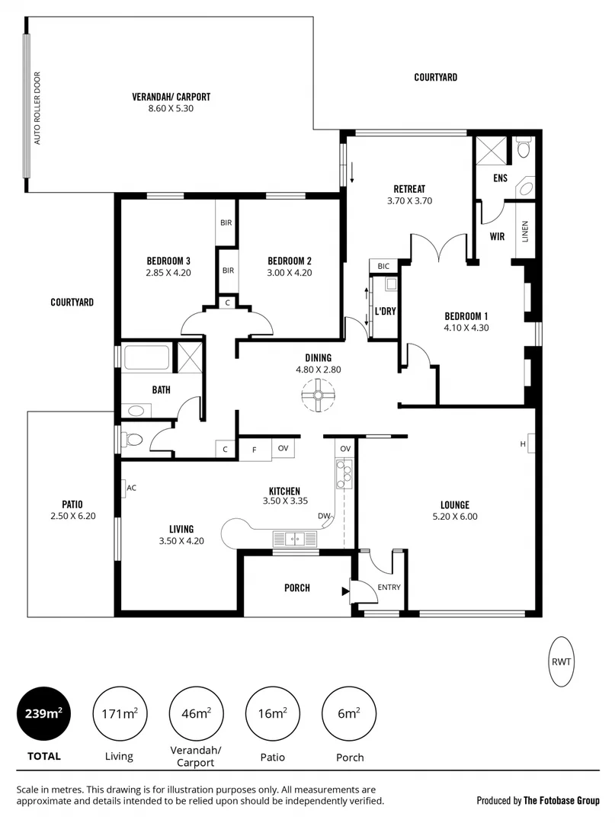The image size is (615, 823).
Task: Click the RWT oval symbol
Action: point(561,661)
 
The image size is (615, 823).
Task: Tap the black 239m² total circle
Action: point(43,713)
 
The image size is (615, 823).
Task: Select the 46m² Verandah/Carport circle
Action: point(195,713)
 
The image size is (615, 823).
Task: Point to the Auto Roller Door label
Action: point(37,108)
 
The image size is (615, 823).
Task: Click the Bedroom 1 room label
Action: point(466,316)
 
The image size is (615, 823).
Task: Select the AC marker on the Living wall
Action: point(130,488)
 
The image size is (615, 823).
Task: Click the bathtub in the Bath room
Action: point(148,358)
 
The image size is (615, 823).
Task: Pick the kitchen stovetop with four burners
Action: point(344,475)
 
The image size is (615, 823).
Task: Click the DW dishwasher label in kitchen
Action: point(324,516)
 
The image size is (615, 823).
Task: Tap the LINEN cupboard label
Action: point(524,232)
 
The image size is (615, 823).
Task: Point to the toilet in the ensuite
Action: point(522,148)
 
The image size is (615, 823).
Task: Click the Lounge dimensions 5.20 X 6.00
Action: point(454,517)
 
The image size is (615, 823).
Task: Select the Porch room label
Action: point(296,588)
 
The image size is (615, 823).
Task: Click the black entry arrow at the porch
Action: point(347,588)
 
